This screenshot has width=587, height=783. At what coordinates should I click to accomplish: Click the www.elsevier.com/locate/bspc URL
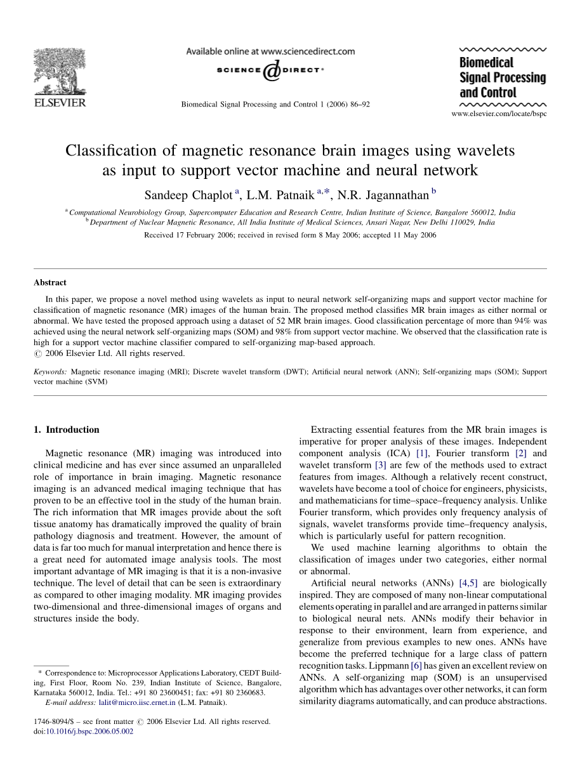point(498,114)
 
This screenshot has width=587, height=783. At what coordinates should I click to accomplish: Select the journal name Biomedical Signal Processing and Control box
point(502,77)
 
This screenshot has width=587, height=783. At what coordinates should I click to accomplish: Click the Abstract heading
point(50,283)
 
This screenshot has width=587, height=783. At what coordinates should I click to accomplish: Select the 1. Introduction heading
point(66,430)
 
